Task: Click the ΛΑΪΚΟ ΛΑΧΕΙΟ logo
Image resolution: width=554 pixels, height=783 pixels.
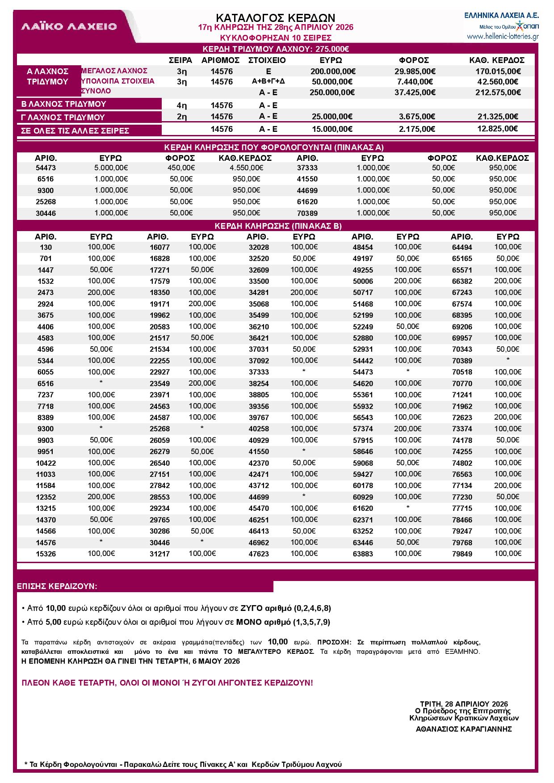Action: coord(69,26)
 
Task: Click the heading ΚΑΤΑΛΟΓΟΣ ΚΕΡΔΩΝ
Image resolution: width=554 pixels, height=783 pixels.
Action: coord(275,17)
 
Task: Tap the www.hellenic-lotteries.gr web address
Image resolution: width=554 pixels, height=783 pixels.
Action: coord(502,37)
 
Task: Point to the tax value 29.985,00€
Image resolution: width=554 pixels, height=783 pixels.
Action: coord(415,72)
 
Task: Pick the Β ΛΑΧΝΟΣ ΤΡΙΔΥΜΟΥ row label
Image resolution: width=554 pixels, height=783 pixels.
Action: coord(64,104)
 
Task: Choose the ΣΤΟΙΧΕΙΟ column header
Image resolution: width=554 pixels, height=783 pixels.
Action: coord(267,60)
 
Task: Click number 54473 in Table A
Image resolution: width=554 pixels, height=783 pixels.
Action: coord(46,168)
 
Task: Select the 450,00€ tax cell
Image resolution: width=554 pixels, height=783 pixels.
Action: coord(182,168)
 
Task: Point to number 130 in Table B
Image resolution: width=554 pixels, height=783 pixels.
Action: coord(46,247)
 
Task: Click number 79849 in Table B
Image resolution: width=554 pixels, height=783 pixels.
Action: coord(462,554)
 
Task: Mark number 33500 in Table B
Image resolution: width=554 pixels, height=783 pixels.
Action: coord(259,282)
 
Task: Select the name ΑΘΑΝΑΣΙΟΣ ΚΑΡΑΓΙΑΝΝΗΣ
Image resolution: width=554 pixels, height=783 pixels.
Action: coord(464,729)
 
